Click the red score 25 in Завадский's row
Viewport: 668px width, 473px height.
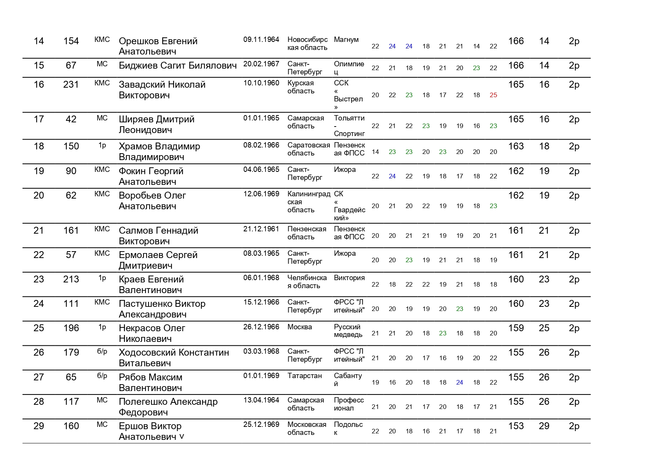point(493,95)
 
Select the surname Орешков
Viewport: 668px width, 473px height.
point(139,41)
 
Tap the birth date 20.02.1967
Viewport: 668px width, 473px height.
point(261,64)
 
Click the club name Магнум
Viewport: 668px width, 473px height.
point(346,40)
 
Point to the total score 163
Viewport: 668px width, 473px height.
point(516,146)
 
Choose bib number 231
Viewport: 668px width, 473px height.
point(71,85)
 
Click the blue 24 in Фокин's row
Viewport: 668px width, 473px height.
point(392,176)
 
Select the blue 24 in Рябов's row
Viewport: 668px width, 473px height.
point(459,382)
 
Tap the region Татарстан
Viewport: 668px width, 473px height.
point(304,376)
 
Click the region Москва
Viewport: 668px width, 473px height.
point(299,327)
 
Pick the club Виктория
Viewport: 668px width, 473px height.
point(349,278)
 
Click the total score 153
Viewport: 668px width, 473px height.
point(516,426)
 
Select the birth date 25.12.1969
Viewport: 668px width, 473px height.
point(261,425)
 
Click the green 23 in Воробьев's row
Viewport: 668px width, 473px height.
point(493,206)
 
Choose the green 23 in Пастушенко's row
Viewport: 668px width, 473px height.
point(459,309)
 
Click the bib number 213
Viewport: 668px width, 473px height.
point(71,279)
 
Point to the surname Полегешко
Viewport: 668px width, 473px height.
point(143,402)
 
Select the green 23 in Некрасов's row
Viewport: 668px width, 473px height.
point(443,333)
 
